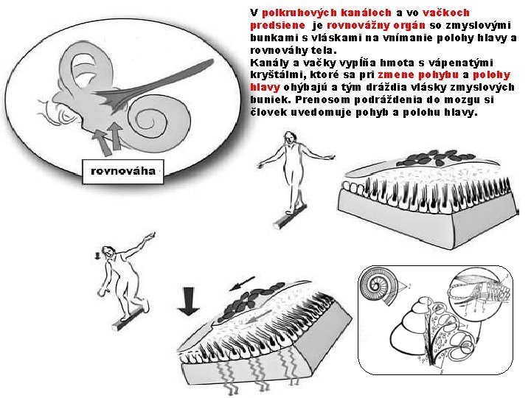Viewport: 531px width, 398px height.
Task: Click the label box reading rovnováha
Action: (x=123, y=172)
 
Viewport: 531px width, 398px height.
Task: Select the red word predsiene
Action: (x=278, y=25)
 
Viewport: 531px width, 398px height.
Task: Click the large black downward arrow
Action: (x=189, y=301)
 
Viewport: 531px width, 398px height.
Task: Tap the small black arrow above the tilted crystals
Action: (x=242, y=284)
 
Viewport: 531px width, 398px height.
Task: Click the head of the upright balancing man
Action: (x=290, y=138)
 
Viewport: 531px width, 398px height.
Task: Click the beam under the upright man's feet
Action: (x=290, y=217)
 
